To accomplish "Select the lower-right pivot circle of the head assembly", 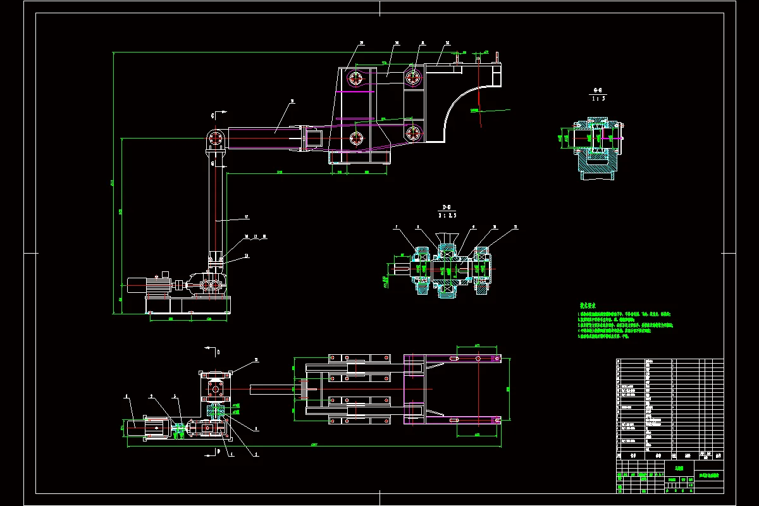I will pyautogui.click(x=414, y=133).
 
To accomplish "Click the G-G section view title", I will pyautogui.click(x=596, y=89).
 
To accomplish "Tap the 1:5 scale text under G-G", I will pyautogui.click(x=596, y=98).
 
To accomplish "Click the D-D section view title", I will pyautogui.click(x=447, y=207).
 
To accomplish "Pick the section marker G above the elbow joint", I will pyautogui.click(x=213, y=115).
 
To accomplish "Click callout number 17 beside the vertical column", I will pyautogui.click(x=248, y=217).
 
